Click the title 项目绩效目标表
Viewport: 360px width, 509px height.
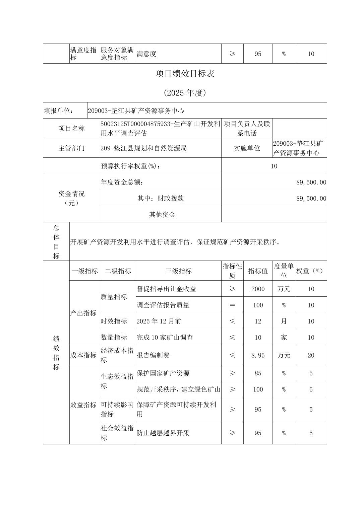pos(185,74)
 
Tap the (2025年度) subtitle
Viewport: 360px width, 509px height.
pos(185,93)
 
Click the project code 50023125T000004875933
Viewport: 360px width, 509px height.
pos(136,124)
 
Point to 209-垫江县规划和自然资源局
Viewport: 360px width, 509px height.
pos(143,148)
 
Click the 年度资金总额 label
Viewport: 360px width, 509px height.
pos(122,182)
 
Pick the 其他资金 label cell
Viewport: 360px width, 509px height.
pos(162,214)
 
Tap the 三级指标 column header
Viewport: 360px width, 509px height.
pos(178,271)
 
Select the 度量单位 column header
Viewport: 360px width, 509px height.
pos(284,271)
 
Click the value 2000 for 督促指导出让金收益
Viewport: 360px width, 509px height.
pos(258,289)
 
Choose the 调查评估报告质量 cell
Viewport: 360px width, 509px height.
pos(163,305)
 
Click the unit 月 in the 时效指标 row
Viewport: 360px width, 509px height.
pos(284,321)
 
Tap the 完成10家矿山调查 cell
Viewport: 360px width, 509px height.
pos(165,337)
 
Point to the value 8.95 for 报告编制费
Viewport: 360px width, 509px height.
pos(258,355)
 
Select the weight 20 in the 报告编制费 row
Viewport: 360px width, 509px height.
pos(311,355)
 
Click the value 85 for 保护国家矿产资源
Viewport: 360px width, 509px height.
pos(258,373)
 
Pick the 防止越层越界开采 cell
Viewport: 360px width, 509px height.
pos(163,433)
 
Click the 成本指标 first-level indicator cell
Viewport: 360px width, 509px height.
pos(83,355)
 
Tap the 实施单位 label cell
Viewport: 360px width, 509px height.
pos(247,148)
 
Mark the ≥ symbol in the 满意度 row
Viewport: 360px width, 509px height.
pos(232,54)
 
